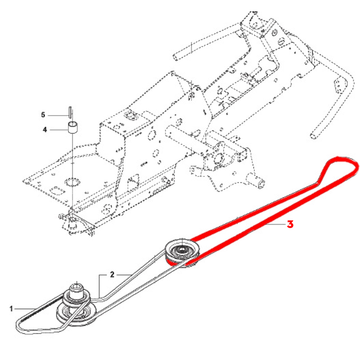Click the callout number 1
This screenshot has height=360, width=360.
click(11, 309)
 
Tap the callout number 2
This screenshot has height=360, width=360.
click(112, 274)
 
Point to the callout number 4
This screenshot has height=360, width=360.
click(45, 130)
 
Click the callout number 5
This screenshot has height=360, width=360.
click(43, 115)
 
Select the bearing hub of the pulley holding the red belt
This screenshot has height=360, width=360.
click(182, 248)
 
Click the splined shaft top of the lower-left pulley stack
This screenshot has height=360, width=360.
click(76, 286)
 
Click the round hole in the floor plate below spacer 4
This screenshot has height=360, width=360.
click(72, 181)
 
